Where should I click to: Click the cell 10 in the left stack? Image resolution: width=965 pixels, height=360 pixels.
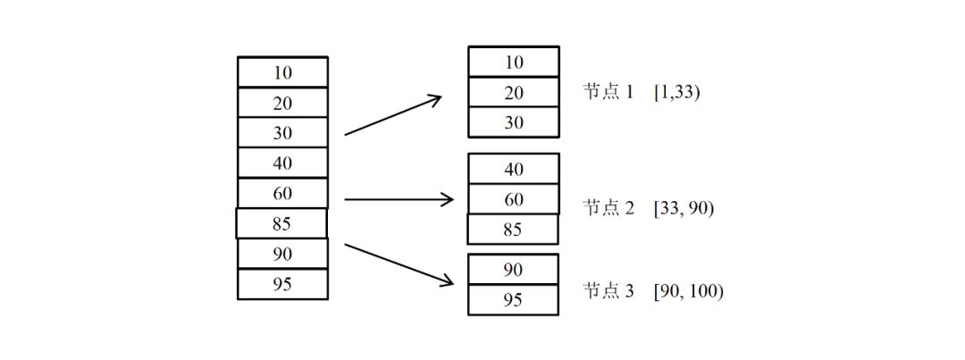coord(282,72)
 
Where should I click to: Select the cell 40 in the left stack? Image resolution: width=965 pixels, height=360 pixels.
coord(282,163)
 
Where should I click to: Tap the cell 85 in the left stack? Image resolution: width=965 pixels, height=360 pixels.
coord(282,223)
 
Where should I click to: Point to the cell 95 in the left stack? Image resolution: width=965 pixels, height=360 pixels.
coord(282,284)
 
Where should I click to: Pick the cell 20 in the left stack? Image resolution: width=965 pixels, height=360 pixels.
coord(282,103)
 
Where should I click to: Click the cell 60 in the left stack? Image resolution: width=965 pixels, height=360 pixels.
coord(282,193)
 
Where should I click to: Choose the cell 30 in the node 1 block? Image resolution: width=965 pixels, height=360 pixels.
coord(514,122)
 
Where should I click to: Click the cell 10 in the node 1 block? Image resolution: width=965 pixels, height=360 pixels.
coord(514,62)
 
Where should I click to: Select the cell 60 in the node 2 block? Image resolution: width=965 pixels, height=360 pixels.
coord(514,199)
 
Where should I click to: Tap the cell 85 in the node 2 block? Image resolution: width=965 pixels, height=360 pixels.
coord(514,230)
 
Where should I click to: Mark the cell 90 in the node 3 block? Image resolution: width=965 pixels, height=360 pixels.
coord(514,269)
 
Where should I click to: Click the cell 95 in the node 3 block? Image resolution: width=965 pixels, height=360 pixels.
coord(514,299)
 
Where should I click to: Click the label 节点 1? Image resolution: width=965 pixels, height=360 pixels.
coord(608,92)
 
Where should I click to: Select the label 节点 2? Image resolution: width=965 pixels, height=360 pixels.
coord(608,208)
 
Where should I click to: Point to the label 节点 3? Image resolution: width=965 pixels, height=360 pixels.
coord(608,291)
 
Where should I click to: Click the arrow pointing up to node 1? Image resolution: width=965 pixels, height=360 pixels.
coord(393,115)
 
